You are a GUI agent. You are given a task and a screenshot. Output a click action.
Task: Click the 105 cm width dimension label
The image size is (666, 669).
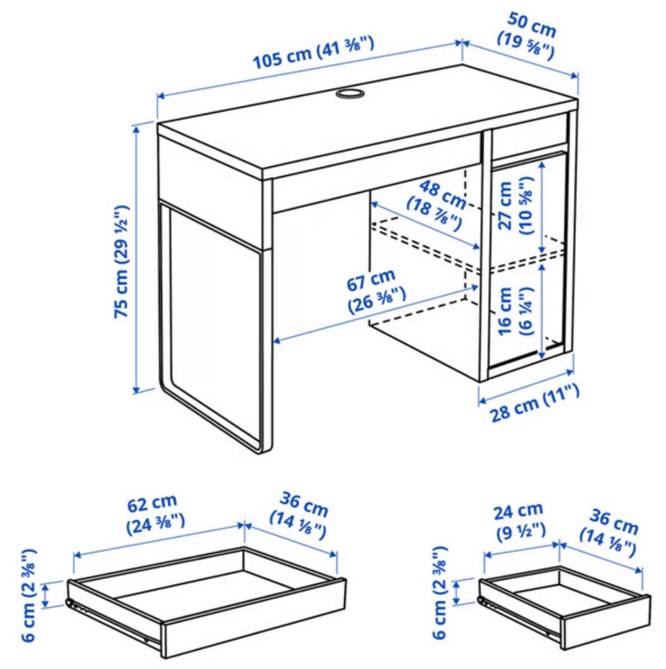[314, 53]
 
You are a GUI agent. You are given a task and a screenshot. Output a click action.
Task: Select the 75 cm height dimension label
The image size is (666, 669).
[121, 261]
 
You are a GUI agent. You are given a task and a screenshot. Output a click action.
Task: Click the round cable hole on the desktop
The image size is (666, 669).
[349, 94]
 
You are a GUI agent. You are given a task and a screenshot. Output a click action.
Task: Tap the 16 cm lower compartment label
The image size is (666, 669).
[515, 311]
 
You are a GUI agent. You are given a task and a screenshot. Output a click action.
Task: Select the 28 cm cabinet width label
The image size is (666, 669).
[533, 402]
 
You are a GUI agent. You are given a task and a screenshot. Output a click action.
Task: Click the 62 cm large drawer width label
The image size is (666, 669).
[155, 514]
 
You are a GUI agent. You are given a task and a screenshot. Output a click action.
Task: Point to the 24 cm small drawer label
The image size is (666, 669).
[520, 521]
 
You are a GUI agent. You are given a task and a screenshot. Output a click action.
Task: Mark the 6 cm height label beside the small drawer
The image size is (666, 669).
[440, 592]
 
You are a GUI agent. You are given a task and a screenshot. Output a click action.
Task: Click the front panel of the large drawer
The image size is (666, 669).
[255, 618]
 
